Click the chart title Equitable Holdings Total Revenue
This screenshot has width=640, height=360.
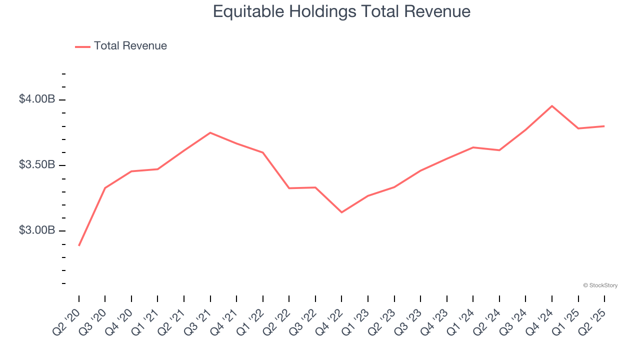tap(341, 11)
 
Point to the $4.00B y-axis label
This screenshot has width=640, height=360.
tap(37, 99)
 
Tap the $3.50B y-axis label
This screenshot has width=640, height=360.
tap(37, 165)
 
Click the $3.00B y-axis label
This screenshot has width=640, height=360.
tap(37, 230)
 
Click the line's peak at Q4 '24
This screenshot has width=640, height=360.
tap(552, 106)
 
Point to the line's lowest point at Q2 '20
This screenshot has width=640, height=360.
tap(79, 245)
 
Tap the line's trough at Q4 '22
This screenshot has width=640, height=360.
tap(341, 212)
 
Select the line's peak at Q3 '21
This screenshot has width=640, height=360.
tap(210, 132)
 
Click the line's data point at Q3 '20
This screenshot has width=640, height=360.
tap(105, 188)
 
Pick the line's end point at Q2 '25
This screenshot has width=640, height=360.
tap(604, 126)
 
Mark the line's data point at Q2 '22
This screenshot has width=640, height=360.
tap(289, 188)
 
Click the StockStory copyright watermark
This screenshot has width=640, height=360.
tap(600, 285)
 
